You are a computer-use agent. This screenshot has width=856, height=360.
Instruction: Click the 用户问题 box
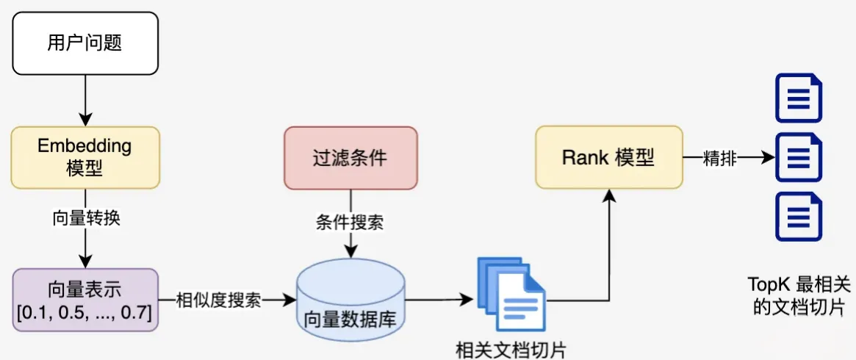85,43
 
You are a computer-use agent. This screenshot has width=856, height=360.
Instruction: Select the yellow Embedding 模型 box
85,157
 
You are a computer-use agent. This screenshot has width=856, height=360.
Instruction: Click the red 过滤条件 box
350,157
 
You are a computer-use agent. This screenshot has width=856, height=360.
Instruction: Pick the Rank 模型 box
608,157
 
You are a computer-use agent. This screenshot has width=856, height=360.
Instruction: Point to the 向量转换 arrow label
85,219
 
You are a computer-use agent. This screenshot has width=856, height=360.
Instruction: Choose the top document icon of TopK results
799,97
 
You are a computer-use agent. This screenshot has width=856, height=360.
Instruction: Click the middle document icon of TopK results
799,157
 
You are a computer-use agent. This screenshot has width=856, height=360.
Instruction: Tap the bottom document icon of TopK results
799,217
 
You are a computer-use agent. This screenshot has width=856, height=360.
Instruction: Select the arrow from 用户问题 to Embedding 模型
85,100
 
